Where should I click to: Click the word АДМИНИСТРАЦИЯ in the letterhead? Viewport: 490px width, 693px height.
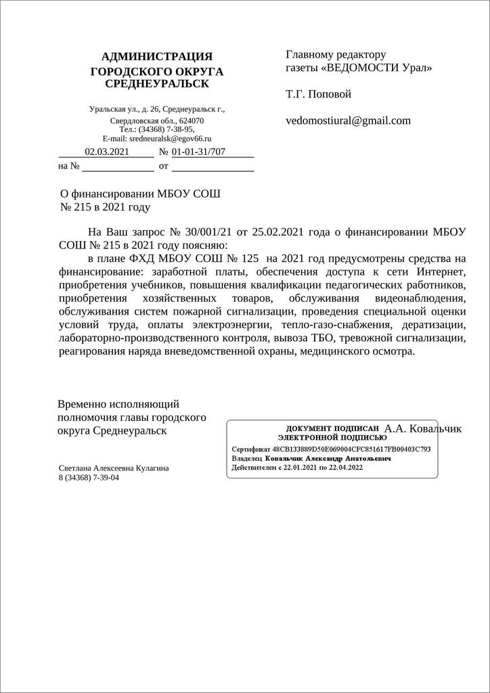(157, 55)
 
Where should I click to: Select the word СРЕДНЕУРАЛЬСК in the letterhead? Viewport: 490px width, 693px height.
(157, 84)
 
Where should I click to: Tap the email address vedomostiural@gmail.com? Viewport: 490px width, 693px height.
(349, 120)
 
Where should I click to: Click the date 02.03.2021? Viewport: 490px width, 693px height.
(106, 152)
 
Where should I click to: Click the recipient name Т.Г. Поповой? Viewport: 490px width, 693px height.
(319, 94)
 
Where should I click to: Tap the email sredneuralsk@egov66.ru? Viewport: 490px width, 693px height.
(173, 137)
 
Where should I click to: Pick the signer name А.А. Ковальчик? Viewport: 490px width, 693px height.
(423, 428)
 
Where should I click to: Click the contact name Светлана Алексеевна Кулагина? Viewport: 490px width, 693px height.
(114, 468)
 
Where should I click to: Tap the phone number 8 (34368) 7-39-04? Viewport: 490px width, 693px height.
(89, 477)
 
